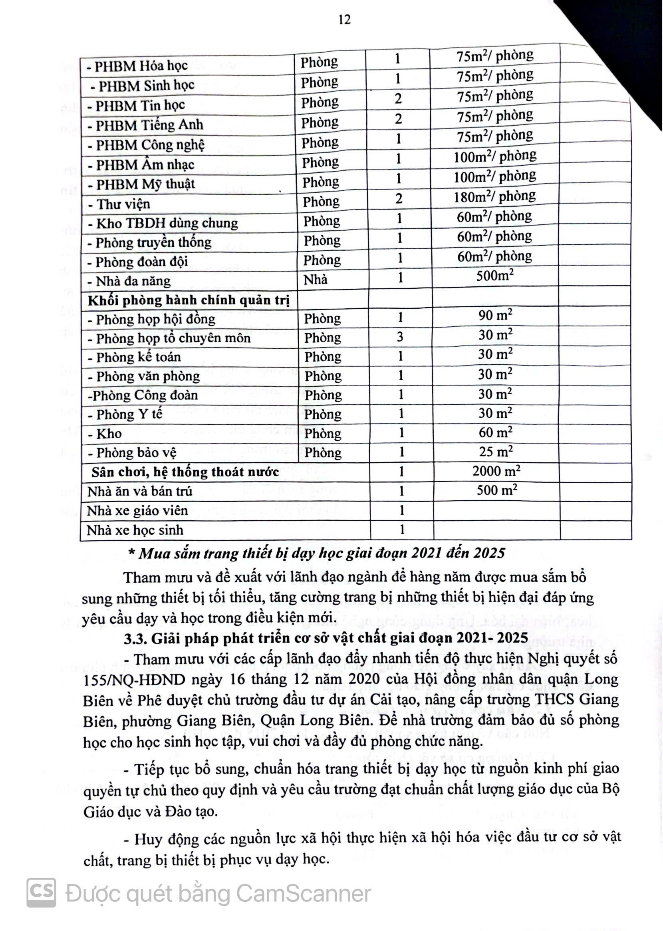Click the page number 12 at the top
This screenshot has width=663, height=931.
345,19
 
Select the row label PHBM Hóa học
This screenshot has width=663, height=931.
137,66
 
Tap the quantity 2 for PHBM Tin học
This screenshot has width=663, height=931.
398,98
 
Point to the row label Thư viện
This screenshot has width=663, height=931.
119,204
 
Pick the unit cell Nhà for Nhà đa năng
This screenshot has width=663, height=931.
316,280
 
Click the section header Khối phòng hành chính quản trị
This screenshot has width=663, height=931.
189,300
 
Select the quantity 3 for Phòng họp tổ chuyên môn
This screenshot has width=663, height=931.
400,337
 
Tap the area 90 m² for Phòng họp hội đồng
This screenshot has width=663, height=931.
496,316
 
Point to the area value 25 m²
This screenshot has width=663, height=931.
496,452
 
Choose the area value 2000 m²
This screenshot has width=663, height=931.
496,471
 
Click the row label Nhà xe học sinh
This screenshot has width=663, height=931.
135,530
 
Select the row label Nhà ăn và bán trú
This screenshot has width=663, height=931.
140,491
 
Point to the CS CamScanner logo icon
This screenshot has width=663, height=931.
41,893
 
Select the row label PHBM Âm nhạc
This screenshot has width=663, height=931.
141,165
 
